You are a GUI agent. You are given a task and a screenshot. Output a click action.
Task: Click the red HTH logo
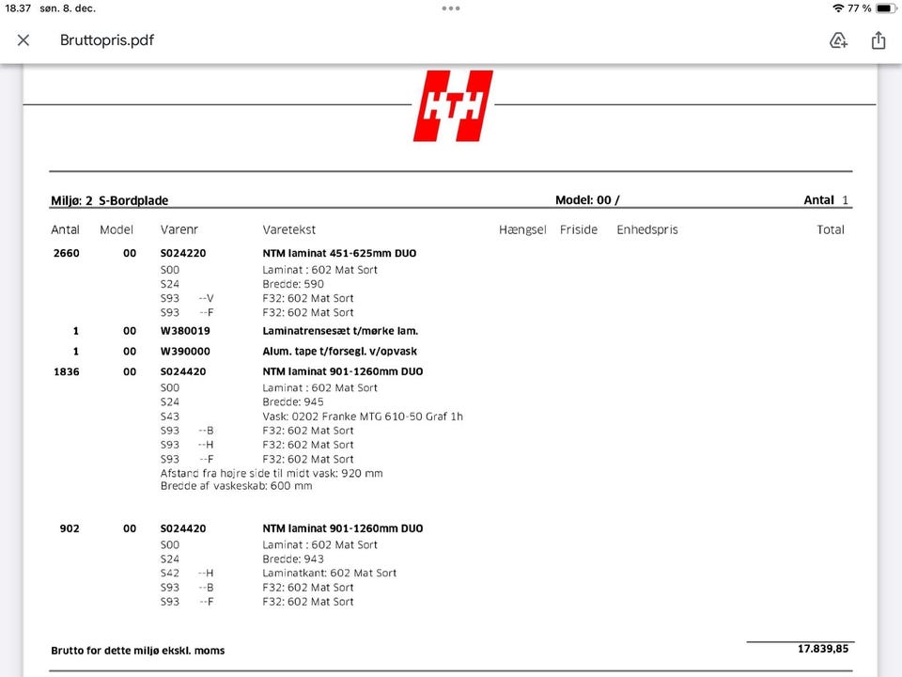tap(452, 105)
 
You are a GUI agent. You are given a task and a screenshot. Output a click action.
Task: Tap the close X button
tap(23, 40)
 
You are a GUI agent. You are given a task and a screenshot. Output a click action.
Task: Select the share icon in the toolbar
tap(879, 40)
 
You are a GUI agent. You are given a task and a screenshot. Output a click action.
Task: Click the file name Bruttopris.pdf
tap(107, 40)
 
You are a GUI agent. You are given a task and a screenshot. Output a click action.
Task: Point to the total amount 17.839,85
tap(823, 649)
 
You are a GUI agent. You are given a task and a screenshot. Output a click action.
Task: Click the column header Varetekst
tap(289, 229)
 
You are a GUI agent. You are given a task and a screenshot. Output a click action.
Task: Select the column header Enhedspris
tap(646, 229)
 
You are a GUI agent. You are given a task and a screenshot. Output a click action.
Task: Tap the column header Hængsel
tap(522, 229)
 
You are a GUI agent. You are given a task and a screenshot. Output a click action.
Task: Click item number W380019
tap(185, 331)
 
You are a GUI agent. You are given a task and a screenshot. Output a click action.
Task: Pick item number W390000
tap(185, 352)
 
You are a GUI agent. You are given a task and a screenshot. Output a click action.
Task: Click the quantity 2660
tap(66, 253)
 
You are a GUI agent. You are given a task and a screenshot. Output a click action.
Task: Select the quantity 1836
tap(66, 371)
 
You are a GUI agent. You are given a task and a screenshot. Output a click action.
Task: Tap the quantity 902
tap(70, 528)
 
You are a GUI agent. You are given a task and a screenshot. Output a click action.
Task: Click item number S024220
tap(183, 253)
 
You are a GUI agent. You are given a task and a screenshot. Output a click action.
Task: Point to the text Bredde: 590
tap(293, 284)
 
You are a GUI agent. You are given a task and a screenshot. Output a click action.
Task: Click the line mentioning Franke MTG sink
tap(363, 417)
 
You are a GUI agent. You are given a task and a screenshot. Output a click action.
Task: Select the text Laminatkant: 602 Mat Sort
tap(329, 573)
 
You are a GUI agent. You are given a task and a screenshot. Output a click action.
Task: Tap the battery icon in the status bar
tap(885, 8)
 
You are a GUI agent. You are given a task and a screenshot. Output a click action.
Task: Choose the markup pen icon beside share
tap(838, 40)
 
